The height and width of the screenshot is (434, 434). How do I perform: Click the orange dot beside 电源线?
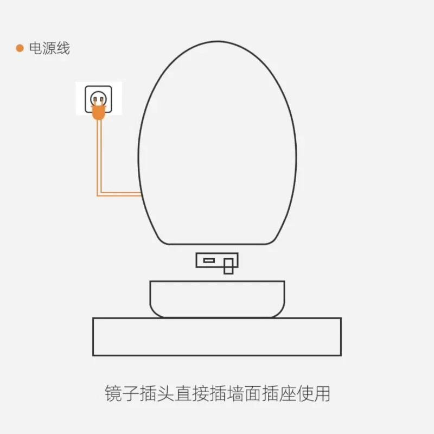[20, 48]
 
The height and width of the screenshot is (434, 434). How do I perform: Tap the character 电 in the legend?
[36, 48]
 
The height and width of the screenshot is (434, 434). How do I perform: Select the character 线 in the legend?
[63, 48]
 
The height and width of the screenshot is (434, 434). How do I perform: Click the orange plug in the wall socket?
[98, 111]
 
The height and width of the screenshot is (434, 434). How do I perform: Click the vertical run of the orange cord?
[99, 157]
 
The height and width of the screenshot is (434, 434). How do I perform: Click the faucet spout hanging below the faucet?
[228, 267]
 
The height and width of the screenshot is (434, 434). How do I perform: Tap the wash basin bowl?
[217, 298]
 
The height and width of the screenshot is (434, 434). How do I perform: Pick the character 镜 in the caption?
[114, 393]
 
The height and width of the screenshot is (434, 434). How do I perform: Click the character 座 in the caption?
[297, 393]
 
